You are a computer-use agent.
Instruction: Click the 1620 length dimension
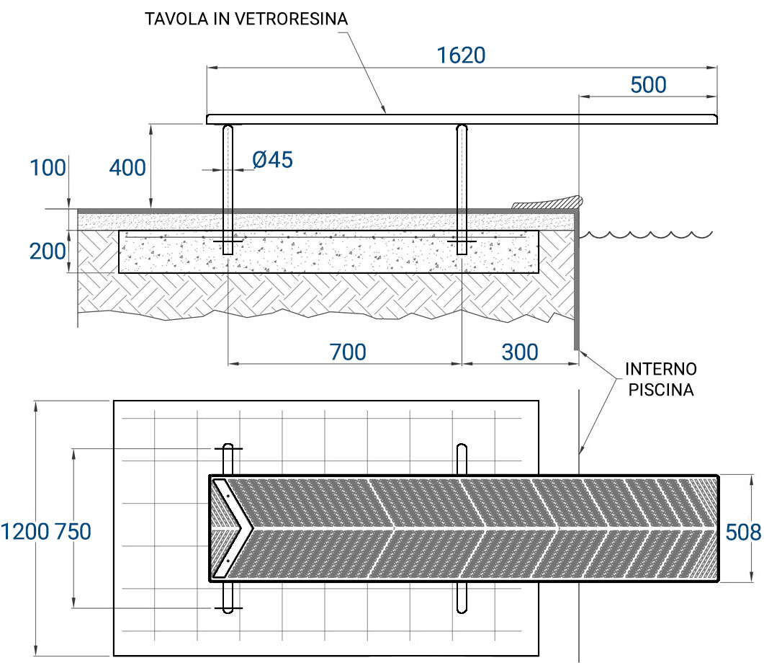[462, 55]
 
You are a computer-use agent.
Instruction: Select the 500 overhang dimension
[648, 85]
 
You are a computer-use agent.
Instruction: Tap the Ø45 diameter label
[273, 159]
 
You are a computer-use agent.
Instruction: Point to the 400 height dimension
[127, 168]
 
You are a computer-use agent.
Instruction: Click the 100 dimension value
[48, 168]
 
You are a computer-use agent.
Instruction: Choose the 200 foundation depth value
[48, 251]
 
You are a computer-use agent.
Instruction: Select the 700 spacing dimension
[348, 352]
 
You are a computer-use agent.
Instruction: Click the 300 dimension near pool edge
[520, 352]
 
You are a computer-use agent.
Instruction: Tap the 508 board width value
[742, 532]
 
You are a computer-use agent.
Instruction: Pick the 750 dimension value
[73, 532]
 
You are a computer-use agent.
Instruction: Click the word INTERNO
[660, 370]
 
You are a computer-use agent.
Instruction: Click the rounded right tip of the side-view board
[715, 119]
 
